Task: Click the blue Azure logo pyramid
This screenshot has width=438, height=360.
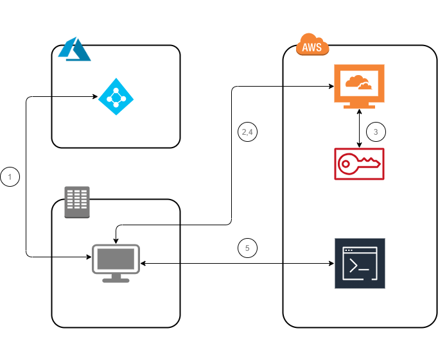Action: click(x=74, y=49)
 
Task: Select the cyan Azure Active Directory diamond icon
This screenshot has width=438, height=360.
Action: click(x=116, y=96)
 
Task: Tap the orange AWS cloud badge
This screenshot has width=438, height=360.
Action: click(x=312, y=45)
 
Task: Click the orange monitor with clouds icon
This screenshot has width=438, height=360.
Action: click(x=359, y=86)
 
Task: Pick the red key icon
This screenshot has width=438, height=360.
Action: click(x=359, y=164)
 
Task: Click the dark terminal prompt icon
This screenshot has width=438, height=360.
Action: click(x=360, y=263)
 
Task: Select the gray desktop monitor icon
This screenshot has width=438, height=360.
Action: click(x=116, y=263)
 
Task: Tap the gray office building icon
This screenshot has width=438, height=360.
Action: click(x=77, y=202)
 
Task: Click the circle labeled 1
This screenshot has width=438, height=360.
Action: click(x=10, y=176)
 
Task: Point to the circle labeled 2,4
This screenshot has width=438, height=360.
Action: click(x=247, y=132)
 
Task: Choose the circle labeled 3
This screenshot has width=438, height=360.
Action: click(x=376, y=132)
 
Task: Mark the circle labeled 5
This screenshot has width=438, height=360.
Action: click(x=247, y=248)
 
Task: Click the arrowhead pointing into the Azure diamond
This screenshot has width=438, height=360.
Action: click(x=96, y=96)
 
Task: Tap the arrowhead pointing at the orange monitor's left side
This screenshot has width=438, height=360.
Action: click(x=331, y=86)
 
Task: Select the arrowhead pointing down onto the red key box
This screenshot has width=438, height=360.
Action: click(x=359, y=145)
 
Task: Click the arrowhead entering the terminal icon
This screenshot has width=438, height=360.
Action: click(x=332, y=263)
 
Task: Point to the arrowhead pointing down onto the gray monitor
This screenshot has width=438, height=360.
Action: click(x=116, y=241)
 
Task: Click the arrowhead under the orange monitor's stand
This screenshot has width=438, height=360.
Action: click(x=359, y=112)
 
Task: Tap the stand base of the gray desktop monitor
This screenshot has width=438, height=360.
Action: click(x=116, y=280)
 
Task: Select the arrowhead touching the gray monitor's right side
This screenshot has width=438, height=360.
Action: click(x=143, y=263)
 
